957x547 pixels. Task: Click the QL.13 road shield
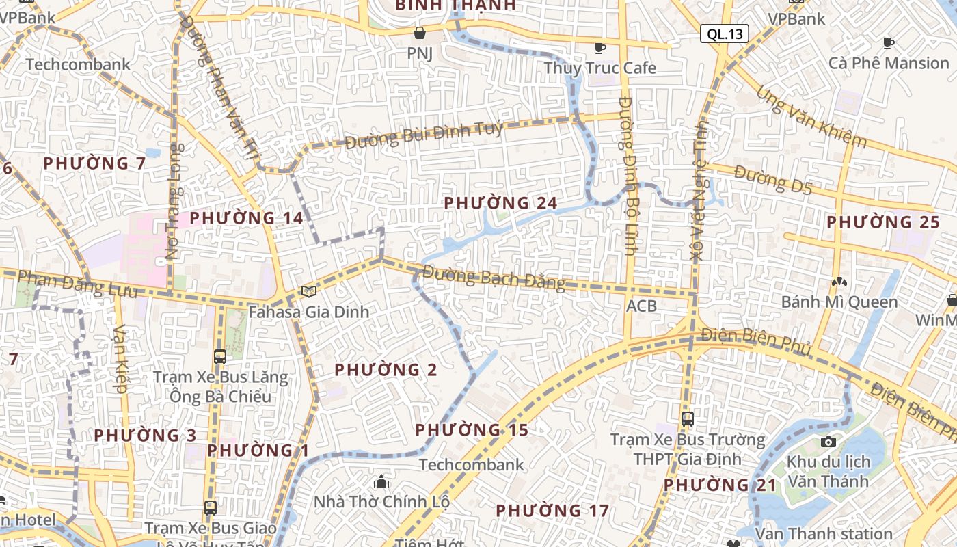[x=724, y=34]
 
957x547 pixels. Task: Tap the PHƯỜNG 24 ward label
[x=500, y=203]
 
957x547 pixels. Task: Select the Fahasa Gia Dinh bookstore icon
[x=309, y=292]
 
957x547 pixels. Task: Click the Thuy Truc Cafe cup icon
[x=599, y=47]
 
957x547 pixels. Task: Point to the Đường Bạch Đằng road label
[x=494, y=277]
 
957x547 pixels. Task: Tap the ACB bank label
[x=641, y=306]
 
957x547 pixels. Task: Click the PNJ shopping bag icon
[x=420, y=33]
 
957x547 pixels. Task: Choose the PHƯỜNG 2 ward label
[x=386, y=370]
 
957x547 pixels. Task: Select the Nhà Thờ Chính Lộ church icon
[x=381, y=482]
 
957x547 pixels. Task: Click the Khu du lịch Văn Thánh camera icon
[x=828, y=442]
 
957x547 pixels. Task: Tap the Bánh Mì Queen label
[x=839, y=302]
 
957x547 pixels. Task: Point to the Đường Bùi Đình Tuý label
[x=424, y=135]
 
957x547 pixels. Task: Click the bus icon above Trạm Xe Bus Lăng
[x=219, y=356]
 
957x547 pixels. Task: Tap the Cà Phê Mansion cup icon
[x=888, y=44]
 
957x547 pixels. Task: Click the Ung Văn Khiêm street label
[x=811, y=117]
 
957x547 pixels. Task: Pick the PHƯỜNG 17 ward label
[x=552, y=511]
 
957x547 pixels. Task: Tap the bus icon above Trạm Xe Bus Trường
[x=687, y=419]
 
